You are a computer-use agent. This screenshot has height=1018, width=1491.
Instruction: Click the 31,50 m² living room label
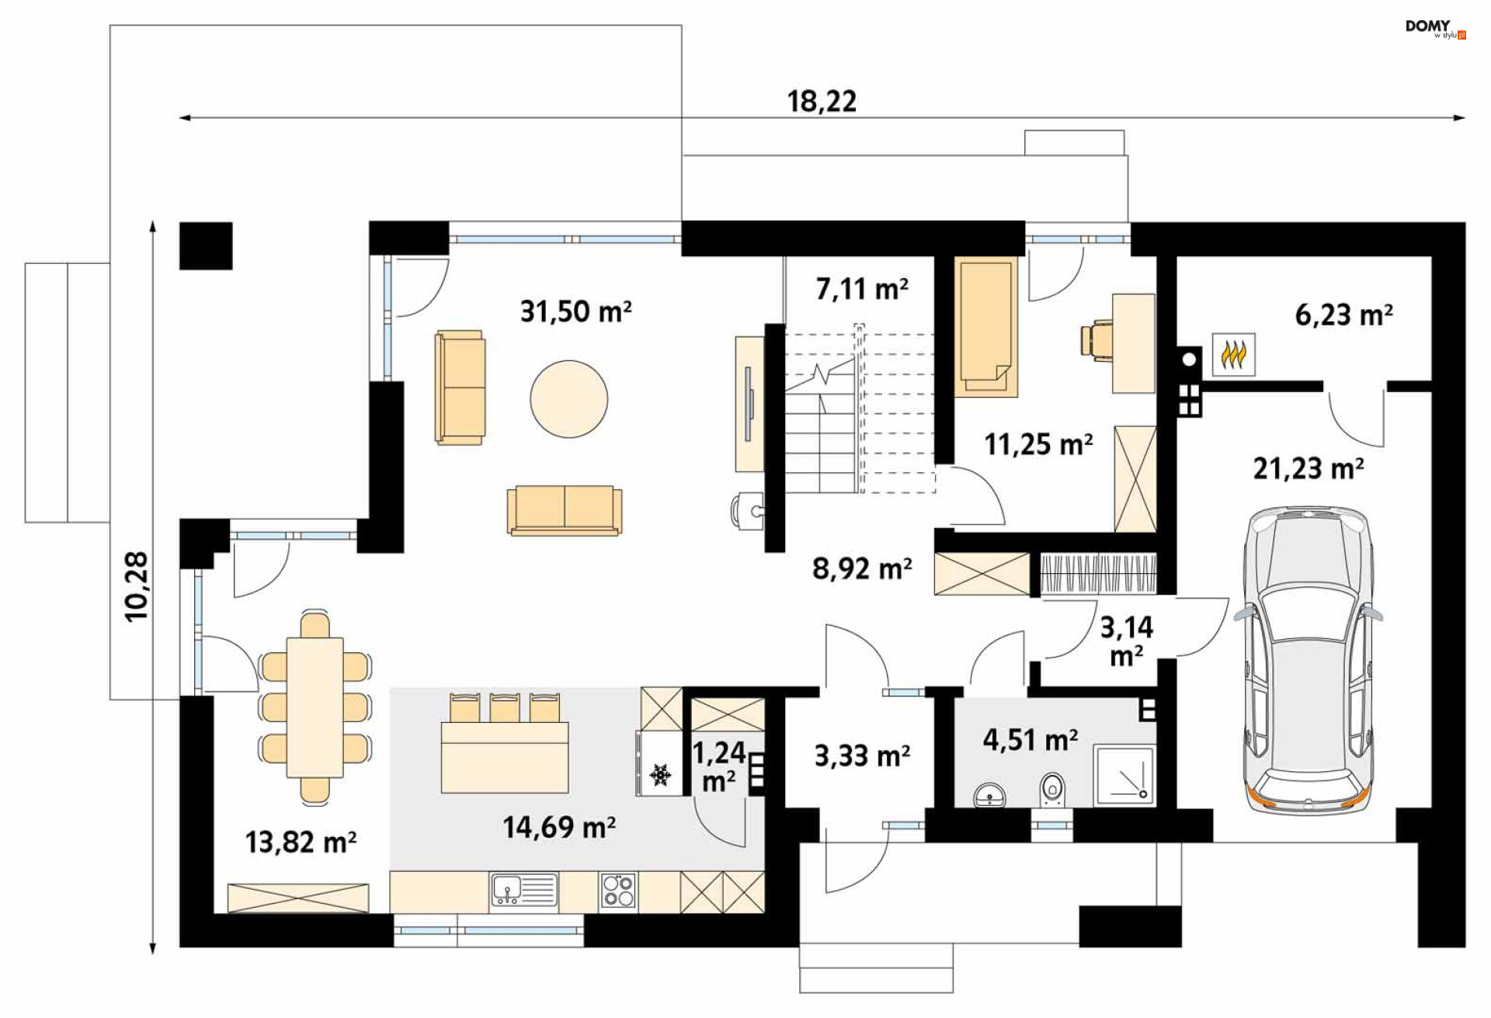(x=575, y=311)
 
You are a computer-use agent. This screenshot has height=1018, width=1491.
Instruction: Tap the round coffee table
(x=569, y=399)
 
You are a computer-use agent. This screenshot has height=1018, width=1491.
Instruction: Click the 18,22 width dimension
(x=822, y=101)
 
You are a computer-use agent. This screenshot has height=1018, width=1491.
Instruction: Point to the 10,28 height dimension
(x=137, y=586)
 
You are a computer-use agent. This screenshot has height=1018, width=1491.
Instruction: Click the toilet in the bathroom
(x=1052, y=789)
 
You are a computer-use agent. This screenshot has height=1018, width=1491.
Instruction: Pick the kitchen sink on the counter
(x=523, y=890)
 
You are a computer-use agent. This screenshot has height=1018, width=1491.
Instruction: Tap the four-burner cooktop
(x=619, y=890)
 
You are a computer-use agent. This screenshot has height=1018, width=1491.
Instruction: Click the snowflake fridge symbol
(x=661, y=774)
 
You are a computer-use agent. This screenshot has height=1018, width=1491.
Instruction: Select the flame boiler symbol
(x=1233, y=355)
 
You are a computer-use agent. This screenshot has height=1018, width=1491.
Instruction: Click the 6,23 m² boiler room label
(x=1343, y=314)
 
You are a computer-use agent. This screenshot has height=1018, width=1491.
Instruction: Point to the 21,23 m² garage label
(x=1309, y=468)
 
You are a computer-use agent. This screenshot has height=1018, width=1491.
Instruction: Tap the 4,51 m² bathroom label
(x=1030, y=739)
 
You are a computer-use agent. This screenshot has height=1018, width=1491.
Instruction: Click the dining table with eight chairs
(x=315, y=707)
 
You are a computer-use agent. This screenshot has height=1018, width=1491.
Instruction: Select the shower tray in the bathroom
(x=1124, y=775)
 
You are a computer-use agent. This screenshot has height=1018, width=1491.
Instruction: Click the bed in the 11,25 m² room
(x=985, y=326)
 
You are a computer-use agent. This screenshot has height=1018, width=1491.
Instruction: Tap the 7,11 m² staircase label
(x=862, y=289)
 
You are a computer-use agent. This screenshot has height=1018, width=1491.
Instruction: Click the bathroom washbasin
(x=989, y=796)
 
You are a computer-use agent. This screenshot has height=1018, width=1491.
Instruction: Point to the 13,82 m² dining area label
(x=301, y=842)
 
